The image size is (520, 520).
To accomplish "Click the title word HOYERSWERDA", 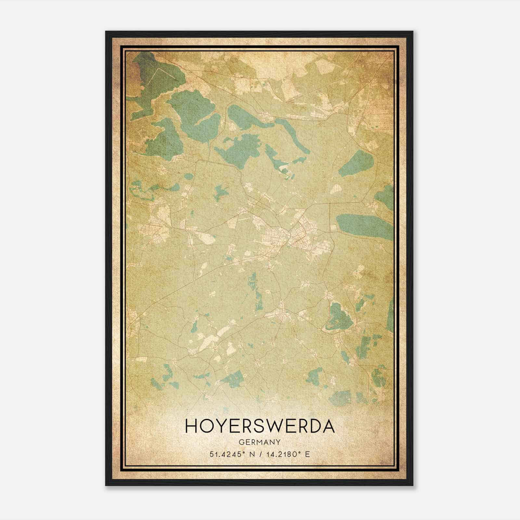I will pyautogui.click(x=260, y=426).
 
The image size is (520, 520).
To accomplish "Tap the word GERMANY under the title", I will pyautogui.click(x=260, y=442).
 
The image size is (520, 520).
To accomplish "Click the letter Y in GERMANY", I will pyautogui.click(x=279, y=442).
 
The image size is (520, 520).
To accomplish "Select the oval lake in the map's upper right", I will pyautogui.click(x=356, y=162).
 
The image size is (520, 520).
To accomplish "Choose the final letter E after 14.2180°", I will pyautogui.click(x=307, y=454).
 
